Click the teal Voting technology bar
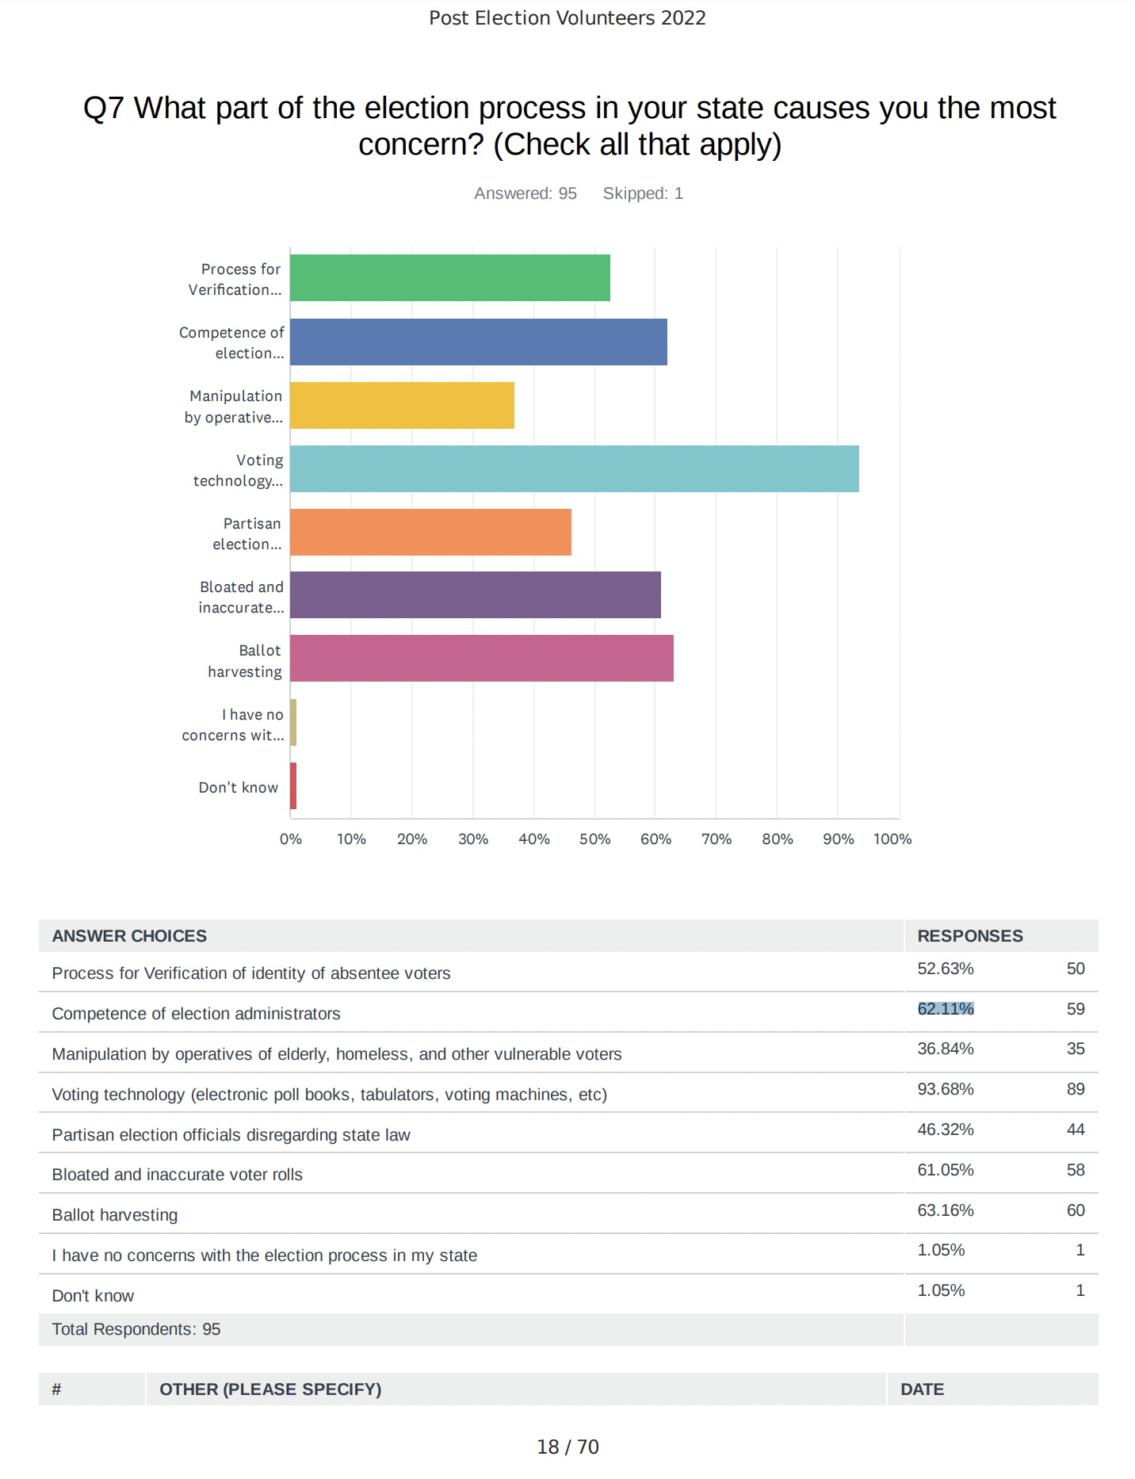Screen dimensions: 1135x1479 tap(575, 468)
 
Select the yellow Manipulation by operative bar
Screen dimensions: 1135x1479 tap(402, 405)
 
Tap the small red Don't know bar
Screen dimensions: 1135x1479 tap(293, 785)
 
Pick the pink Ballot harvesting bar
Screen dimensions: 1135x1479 tap(482, 658)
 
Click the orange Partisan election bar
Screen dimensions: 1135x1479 tap(430, 532)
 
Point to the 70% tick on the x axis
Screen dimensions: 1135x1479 tap(717, 839)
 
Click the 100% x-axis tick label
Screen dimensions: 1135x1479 tap(892, 839)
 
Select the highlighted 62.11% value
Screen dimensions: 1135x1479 tap(946, 1008)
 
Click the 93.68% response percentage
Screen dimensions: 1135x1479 tap(946, 1089)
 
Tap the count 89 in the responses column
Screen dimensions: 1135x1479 tap(1076, 1089)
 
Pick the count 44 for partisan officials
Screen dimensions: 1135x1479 tap(1076, 1129)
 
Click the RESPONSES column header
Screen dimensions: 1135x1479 tap(970, 936)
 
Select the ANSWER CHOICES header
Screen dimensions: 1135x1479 tap(129, 936)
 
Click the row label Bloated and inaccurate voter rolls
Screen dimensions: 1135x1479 tap(178, 1175)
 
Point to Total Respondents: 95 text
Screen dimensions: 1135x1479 tap(136, 1329)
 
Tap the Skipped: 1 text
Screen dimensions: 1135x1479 tap(643, 193)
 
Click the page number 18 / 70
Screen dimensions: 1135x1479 tap(567, 1447)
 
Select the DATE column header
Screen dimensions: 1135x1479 tap(923, 1389)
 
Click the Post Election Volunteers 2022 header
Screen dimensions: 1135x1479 tap(567, 17)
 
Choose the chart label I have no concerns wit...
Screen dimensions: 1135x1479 tap(232, 724)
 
